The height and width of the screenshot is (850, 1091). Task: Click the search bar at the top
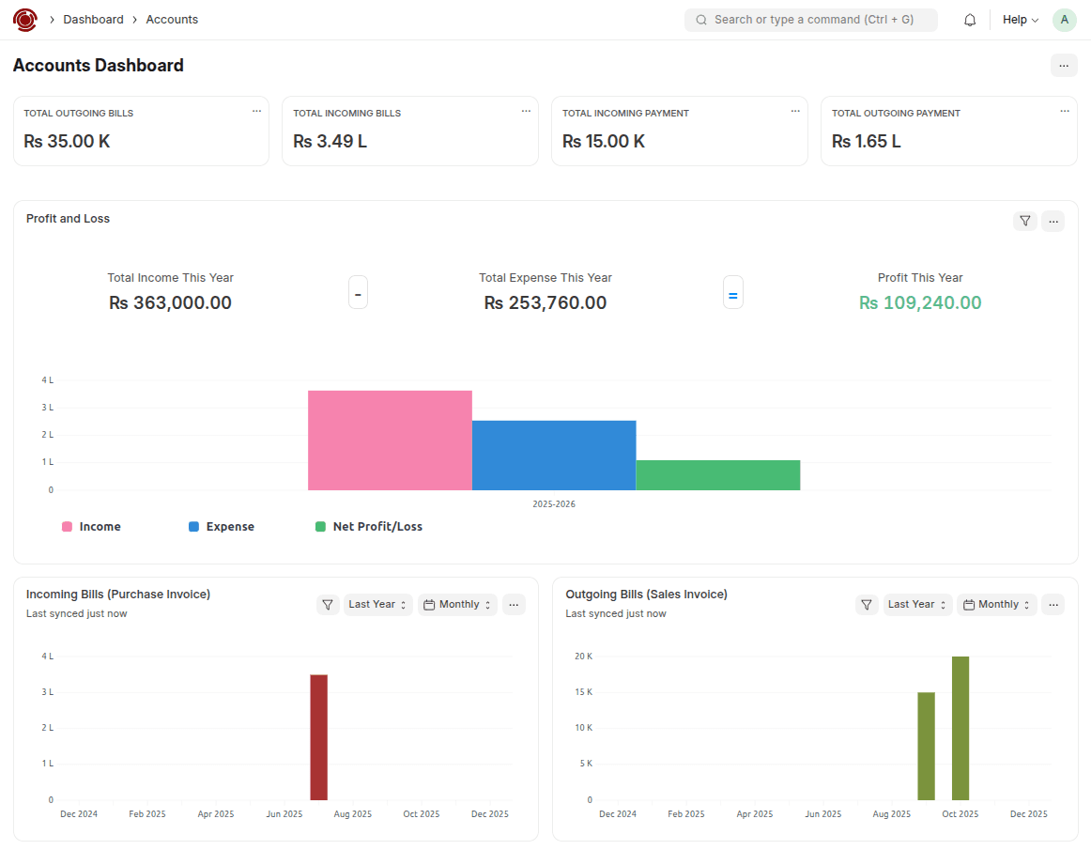click(811, 20)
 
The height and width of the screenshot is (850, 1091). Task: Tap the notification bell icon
click(970, 20)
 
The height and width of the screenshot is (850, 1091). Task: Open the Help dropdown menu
click(1020, 20)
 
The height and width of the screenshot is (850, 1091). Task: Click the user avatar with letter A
click(1064, 20)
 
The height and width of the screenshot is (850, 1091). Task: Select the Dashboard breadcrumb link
click(93, 20)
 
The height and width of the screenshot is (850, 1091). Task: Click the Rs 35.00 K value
click(67, 142)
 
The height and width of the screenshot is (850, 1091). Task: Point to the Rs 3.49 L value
click(330, 142)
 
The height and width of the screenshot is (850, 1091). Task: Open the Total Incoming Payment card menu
click(794, 111)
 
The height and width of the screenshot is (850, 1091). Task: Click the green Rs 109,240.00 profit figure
click(920, 303)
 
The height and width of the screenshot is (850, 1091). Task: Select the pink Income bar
click(390, 440)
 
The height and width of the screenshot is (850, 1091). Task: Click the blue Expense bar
click(554, 456)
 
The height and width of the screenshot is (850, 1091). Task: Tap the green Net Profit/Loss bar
click(718, 475)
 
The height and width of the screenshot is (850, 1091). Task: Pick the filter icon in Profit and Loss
click(1025, 221)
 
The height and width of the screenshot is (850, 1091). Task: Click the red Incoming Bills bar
click(319, 737)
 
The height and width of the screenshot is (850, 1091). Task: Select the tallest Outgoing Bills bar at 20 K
click(960, 728)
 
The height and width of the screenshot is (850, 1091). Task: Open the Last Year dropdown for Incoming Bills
click(377, 605)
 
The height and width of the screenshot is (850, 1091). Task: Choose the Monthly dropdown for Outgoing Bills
click(997, 605)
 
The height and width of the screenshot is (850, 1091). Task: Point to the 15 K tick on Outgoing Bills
click(583, 692)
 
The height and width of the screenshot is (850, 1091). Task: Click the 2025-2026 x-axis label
click(554, 504)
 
